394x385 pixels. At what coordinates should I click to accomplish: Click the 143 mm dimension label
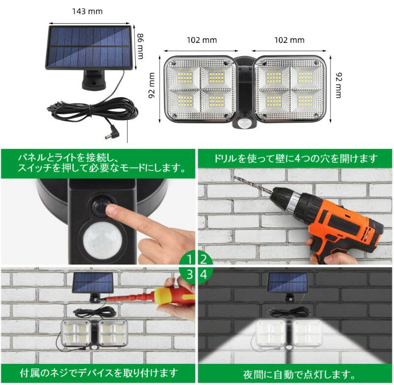point(87,11)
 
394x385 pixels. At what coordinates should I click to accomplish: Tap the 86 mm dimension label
point(140,46)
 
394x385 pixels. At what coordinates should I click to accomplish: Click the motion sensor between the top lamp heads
point(243,123)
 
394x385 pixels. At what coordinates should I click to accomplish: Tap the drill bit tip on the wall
point(235,177)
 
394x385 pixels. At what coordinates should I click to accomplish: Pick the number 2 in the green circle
point(203,259)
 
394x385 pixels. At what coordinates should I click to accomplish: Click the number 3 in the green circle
point(190,275)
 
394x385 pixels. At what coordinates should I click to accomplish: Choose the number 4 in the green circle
point(203,275)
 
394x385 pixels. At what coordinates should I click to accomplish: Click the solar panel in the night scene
point(288,282)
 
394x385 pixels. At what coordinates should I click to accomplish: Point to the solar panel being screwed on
point(93,283)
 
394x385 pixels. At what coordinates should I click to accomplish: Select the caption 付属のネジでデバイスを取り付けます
point(99,373)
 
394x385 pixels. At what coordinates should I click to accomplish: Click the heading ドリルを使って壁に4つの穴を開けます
point(295,158)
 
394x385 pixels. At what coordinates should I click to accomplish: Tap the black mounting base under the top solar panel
point(94,80)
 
